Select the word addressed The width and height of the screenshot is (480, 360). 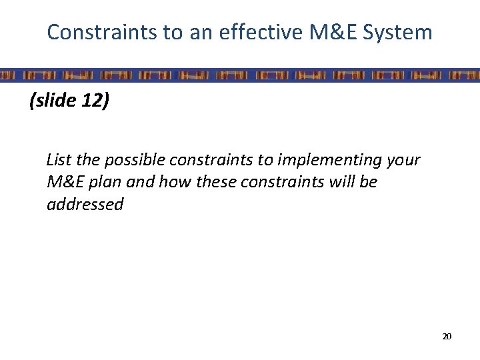pos(85,204)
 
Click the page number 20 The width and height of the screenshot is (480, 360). pos(447,337)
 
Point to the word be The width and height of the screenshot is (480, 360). pos(369,182)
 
